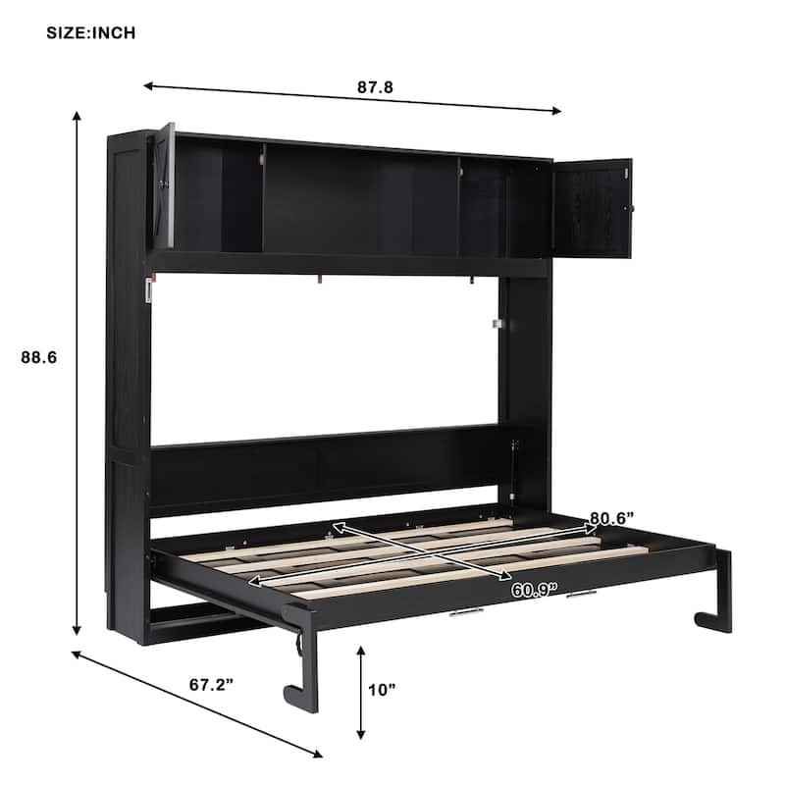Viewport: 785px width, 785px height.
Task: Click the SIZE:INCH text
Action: tap(91, 32)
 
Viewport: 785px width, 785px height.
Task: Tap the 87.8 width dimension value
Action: tap(375, 86)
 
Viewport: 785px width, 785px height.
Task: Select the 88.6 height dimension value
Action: tap(39, 359)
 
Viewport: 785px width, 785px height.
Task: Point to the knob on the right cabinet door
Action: tap(632, 209)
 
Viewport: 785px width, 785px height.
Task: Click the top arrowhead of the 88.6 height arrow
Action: tap(77, 115)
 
